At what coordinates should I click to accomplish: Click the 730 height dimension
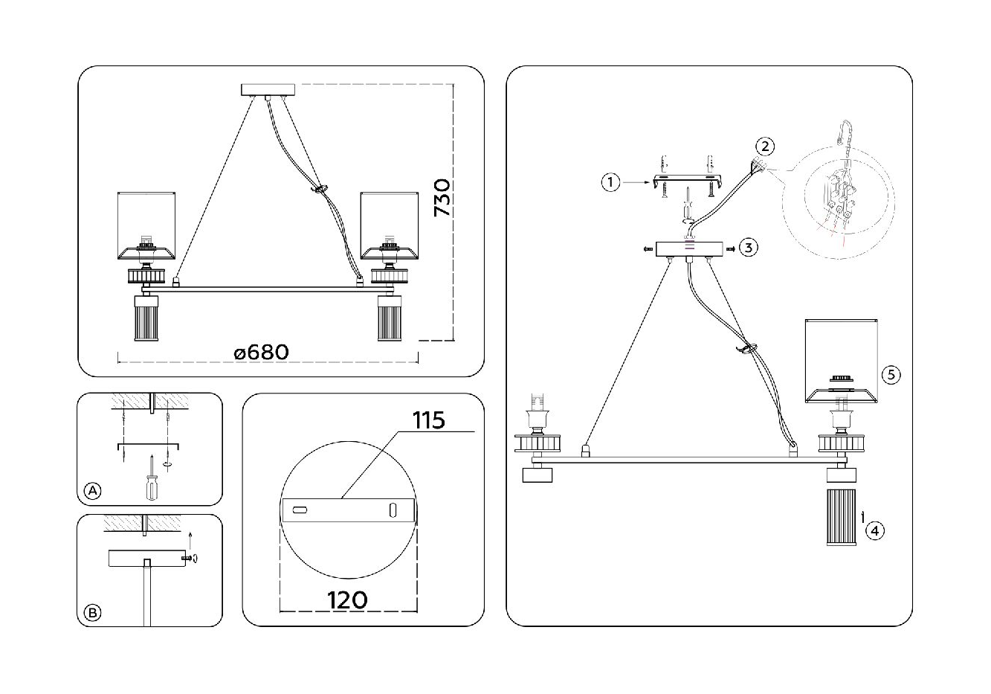click(x=442, y=197)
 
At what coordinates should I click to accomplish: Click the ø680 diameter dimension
click(x=262, y=353)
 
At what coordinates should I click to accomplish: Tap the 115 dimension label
click(x=429, y=420)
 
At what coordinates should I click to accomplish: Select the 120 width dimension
click(x=347, y=600)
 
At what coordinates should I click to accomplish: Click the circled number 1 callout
click(x=610, y=182)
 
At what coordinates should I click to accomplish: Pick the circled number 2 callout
click(x=765, y=147)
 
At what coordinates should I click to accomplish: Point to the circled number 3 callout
click(x=748, y=248)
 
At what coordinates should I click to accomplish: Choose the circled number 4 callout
click(x=874, y=530)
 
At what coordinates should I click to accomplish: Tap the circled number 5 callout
click(x=891, y=375)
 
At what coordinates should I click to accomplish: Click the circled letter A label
click(x=93, y=490)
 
